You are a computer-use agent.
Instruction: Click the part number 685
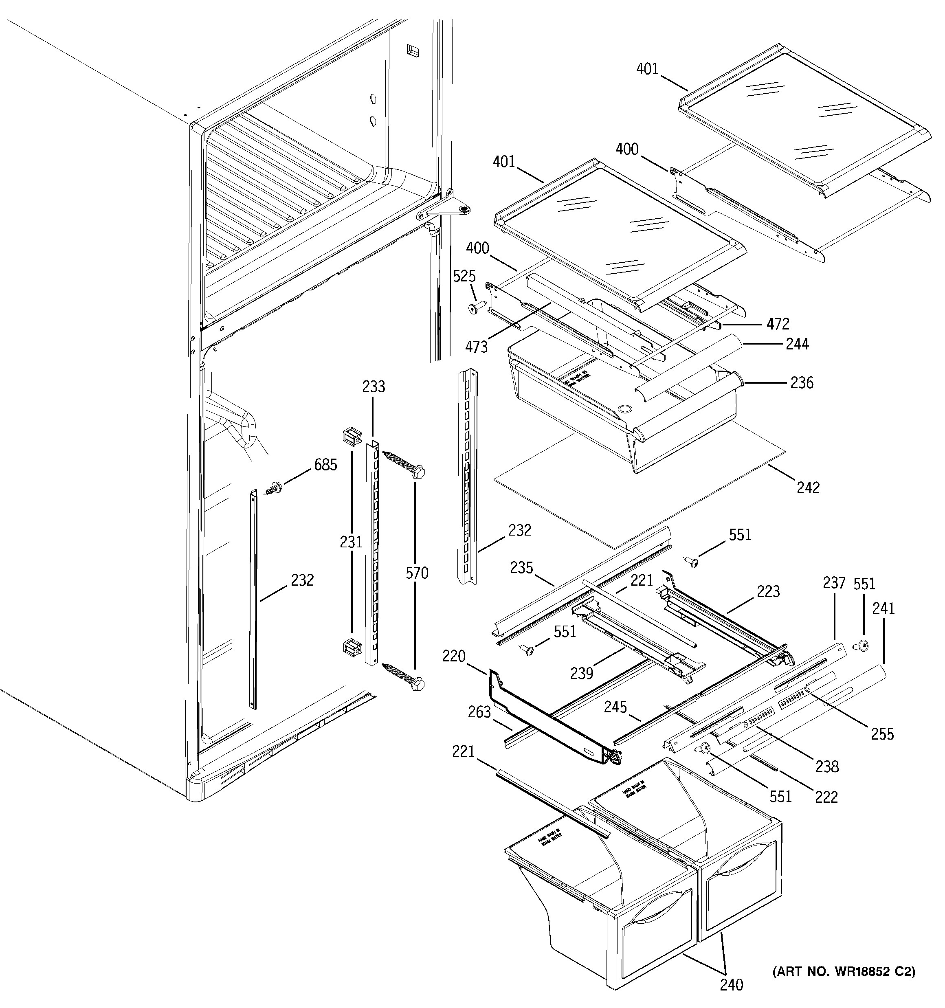pos(325,464)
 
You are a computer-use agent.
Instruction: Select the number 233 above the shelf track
pos(374,387)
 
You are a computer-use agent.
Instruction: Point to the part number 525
pos(464,277)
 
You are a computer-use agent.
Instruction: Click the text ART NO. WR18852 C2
pos(844,971)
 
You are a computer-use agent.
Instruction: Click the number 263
pos(479,712)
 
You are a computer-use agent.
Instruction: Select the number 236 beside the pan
pos(802,382)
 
